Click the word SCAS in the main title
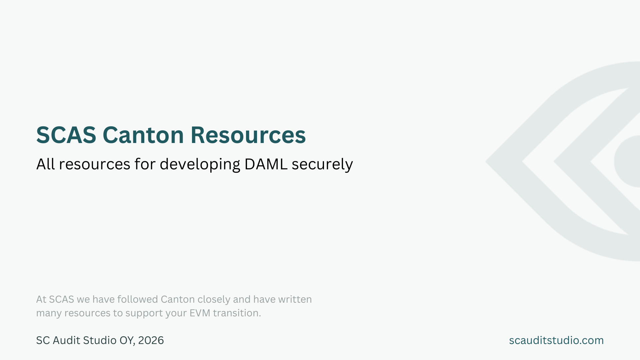pos(66,135)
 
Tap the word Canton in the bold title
pos(143,135)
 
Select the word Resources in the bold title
pos(248,135)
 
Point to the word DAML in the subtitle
pos(266,164)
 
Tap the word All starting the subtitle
pos(45,164)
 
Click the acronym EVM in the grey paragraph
pos(200,313)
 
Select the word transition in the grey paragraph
pos(237,313)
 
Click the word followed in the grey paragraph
pos(137,299)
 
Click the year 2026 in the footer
pos(151,340)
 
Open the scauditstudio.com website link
pos(556,340)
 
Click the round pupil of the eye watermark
pos(628,161)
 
